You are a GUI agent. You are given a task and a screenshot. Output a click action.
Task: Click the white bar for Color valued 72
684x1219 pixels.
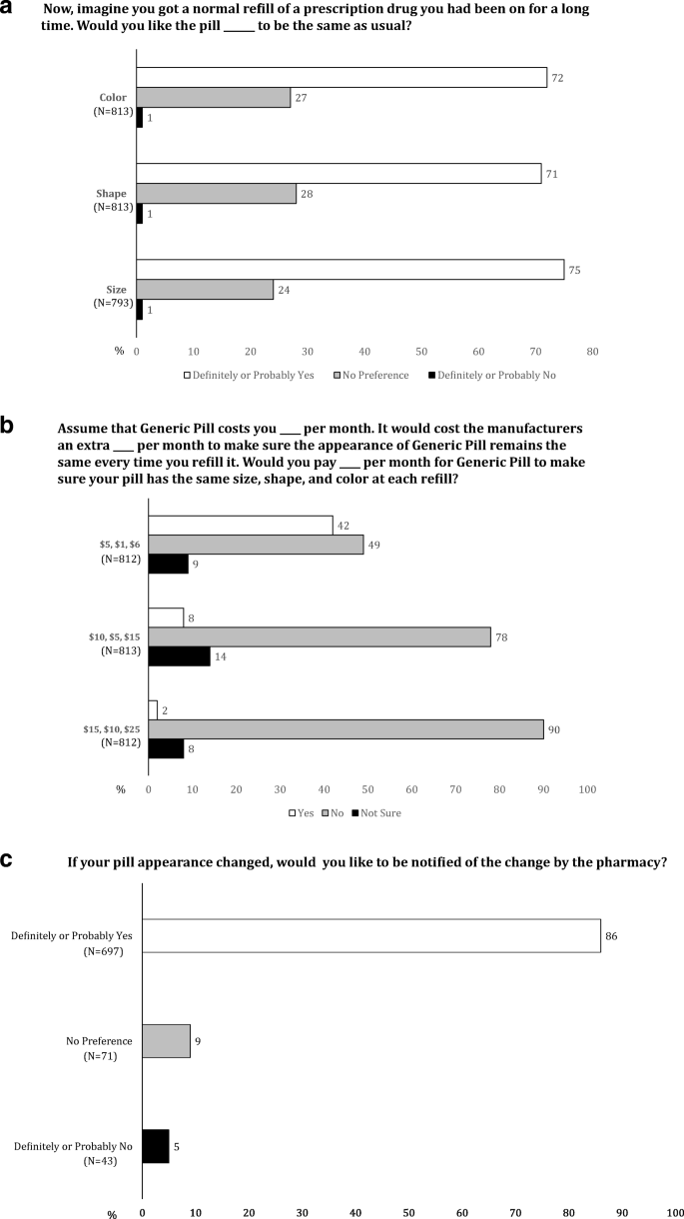click(x=342, y=77)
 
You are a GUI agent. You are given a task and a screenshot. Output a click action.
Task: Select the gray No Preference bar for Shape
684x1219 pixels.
click(x=217, y=193)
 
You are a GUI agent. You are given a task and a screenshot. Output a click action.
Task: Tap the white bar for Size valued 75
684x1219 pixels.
click(x=349, y=269)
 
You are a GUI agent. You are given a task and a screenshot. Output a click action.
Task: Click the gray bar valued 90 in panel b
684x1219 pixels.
click(x=345, y=729)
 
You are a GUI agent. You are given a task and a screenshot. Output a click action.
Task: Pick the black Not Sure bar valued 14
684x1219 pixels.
click(x=179, y=655)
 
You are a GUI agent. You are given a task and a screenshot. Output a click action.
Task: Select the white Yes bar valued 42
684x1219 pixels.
click(x=241, y=526)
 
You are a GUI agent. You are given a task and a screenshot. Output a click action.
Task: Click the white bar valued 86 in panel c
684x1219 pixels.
click(x=371, y=936)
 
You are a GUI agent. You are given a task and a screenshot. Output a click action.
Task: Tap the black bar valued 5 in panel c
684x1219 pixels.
click(x=156, y=1146)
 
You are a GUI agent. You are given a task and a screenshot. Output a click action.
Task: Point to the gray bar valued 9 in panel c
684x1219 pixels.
click(x=166, y=1041)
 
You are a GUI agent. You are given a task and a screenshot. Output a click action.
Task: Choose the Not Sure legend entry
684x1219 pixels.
click(x=378, y=812)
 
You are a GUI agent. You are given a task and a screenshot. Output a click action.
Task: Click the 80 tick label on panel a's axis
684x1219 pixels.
click(x=592, y=352)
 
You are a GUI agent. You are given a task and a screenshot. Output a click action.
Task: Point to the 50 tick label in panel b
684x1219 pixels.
click(x=368, y=789)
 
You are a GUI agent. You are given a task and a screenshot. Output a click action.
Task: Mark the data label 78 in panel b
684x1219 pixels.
click(x=501, y=635)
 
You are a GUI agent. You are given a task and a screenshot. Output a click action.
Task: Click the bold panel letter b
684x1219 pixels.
click(x=8, y=428)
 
